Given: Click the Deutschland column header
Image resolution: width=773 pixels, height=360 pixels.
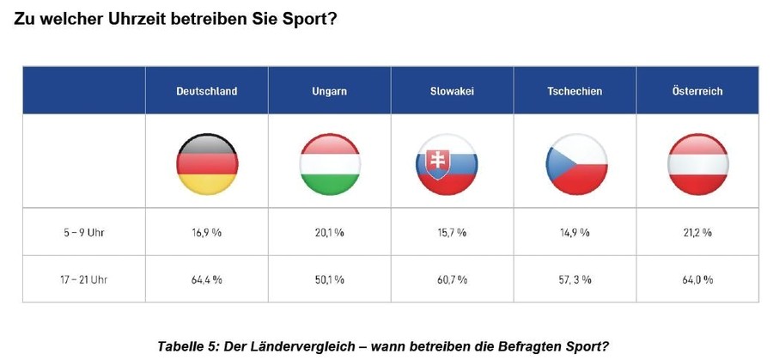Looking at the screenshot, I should (206, 91).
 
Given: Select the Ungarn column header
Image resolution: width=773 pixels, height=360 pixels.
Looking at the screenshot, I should (329, 91).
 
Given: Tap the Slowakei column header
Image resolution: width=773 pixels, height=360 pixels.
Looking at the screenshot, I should (452, 91).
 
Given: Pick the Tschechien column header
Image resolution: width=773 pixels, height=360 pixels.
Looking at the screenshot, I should (575, 91).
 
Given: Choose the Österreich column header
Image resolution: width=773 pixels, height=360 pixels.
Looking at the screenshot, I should (697, 91).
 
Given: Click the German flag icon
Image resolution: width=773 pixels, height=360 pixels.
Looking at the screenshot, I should (207, 162).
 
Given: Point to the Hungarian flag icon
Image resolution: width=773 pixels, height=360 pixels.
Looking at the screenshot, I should (330, 162).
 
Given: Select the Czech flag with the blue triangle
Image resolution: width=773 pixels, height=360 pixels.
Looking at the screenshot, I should (575, 163).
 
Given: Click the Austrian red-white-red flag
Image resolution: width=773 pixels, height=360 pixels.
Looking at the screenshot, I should (697, 163).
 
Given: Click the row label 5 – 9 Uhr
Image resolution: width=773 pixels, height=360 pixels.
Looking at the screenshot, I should (84, 233).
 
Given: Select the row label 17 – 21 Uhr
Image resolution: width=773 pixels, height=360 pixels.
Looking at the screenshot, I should (84, 279).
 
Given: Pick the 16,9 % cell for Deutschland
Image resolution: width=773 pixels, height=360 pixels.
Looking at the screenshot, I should (207, 233).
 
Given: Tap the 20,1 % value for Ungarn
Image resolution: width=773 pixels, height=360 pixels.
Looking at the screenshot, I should (329, 233).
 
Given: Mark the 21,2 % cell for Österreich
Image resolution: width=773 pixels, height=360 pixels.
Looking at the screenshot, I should (697, 233).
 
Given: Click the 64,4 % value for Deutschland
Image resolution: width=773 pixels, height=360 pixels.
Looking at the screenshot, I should (207, 279).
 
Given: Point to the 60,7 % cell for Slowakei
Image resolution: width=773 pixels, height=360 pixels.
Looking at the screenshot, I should (452, 279).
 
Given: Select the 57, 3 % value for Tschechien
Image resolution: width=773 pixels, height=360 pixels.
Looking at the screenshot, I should (575, 279).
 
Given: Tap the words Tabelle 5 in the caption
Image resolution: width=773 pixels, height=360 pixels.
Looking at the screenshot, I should (189, 346).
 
